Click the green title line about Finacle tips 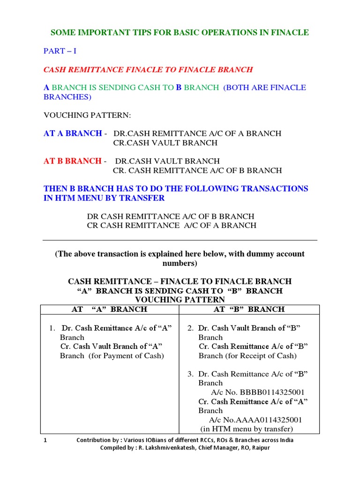click(x=180, y=32)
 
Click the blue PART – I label click(x=60, y=51)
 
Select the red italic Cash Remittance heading click(x=148, y=69)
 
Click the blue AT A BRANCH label click(x=73, y=134)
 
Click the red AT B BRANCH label click(x=73, y=161)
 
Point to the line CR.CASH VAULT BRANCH click(x=165, y=143)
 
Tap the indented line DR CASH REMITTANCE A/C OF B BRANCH click(x=171, y=217)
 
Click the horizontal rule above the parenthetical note click(x=180, y=240)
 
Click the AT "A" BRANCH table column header click(x=109, y=309)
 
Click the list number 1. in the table click(x=52, y=328)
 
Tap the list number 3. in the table click(x=190, y=374)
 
